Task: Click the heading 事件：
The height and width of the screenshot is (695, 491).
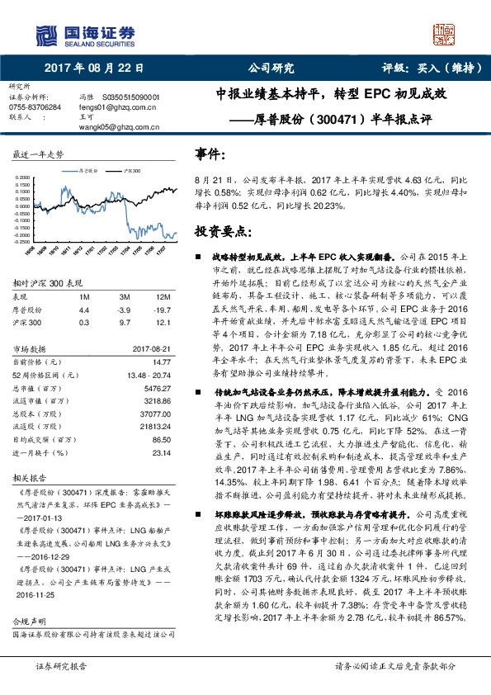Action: (210, 154)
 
